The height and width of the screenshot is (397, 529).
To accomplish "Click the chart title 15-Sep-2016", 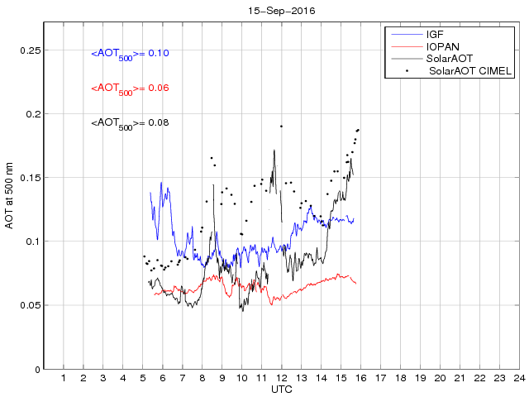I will coord(280,11).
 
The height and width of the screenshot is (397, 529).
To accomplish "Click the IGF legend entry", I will coord(436,35).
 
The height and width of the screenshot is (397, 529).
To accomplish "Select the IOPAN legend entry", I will coord(442,47).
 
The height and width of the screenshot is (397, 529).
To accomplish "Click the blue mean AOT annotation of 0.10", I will coord(130,55).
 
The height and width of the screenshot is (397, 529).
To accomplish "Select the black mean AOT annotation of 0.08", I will coord(130,124).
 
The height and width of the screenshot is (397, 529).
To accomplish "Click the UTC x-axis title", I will coord(280,388).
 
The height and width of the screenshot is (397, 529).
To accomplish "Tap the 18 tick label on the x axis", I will coord(400,377).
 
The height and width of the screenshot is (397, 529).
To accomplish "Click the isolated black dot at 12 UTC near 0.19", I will coord(281,127).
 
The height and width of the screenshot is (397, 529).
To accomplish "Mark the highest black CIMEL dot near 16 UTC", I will coord(359,130).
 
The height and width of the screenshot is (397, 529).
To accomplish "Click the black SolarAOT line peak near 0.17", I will coord(274,151).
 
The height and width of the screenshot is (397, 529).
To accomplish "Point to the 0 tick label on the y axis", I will coord(36,369).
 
